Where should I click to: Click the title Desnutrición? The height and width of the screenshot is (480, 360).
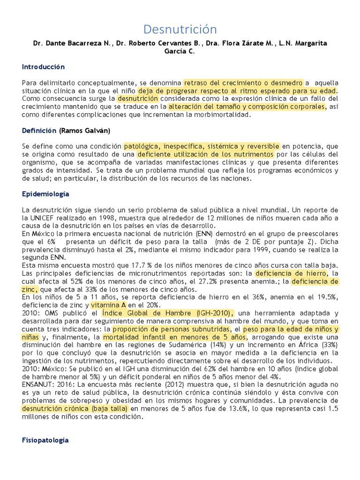coord(180,30)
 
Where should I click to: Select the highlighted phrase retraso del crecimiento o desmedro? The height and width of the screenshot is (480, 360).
coord(243,82)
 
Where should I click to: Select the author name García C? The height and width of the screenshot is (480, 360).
coord(180,52)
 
